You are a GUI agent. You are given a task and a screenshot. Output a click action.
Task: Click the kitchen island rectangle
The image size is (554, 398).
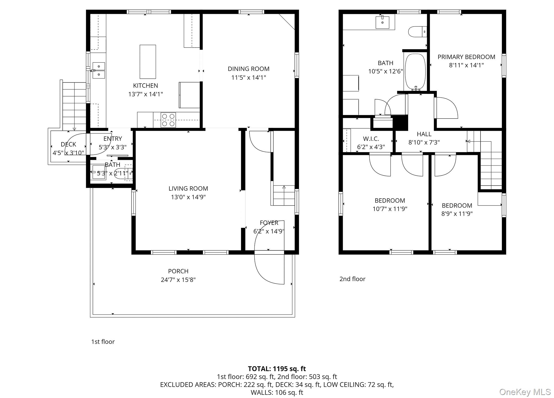coord(148,62)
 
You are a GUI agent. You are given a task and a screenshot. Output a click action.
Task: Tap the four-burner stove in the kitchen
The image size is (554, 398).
coord(168,120)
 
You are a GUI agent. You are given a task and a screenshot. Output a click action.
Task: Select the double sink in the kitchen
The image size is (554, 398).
coord(99,70)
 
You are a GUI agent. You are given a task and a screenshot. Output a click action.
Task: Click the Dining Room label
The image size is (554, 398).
coord(248,69)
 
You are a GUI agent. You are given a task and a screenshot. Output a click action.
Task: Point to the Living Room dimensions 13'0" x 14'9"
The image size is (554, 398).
coord(188,197)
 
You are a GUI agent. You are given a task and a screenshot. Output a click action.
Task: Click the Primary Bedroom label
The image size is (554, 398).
coord(466,57)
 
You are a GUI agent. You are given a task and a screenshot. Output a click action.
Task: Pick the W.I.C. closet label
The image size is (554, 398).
coord(371,139)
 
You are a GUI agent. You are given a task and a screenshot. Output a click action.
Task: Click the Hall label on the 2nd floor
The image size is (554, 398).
coord(424,134)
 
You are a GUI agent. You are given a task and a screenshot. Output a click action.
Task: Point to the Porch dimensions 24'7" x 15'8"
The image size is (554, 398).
coord(178,280)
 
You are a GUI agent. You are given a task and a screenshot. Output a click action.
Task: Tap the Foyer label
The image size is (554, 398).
coord(269,223)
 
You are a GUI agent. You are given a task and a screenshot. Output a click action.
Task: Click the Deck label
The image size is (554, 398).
coord(68,144)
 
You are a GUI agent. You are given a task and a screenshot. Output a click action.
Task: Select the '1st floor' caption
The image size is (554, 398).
coord(103,342)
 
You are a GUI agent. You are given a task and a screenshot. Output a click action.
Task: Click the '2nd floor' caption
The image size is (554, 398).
coord(352,279)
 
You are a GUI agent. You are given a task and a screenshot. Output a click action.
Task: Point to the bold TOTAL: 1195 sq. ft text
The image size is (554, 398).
coord(277,369)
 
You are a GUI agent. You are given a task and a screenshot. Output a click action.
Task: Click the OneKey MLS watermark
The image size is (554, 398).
coord(524,392)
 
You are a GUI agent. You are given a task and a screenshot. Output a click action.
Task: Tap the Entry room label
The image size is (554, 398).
coord(113,139)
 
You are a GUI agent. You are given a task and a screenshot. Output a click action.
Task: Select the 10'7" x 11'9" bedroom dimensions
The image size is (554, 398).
coord(390,209)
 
